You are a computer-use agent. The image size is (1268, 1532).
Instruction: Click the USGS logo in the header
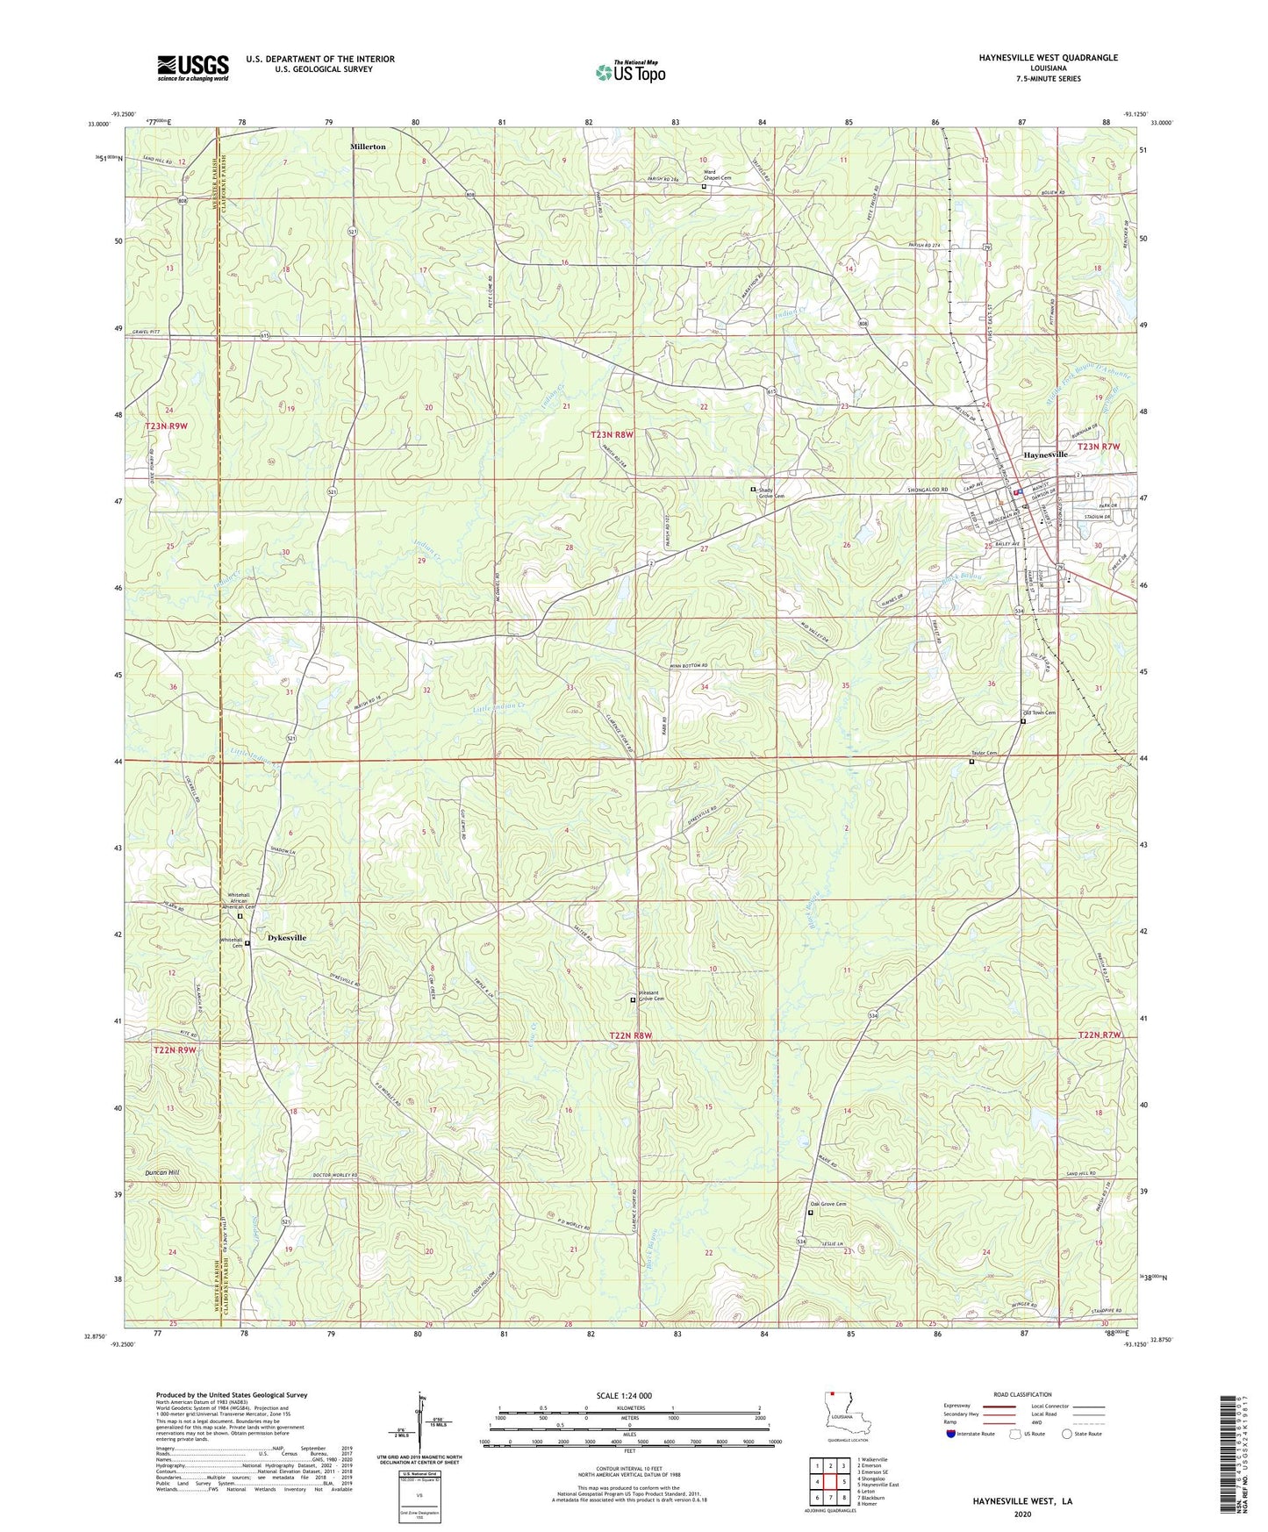192,68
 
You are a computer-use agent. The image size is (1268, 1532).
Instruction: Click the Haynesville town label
1045,455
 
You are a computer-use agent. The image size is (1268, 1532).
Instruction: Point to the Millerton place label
368,147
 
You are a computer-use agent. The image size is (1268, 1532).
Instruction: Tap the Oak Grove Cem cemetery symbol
810,1213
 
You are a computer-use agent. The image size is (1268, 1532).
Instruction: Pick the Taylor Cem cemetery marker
971,762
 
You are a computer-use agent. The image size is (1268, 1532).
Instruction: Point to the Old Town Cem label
1039,712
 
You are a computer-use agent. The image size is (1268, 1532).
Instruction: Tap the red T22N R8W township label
630,1036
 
